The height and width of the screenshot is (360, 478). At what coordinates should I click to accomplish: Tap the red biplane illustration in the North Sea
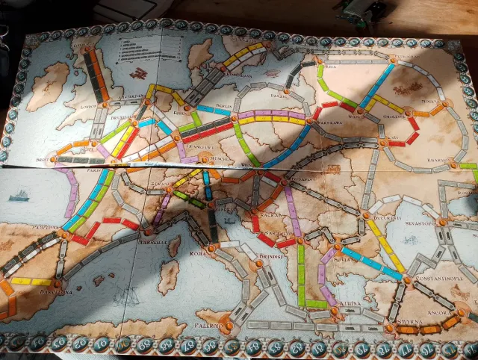[x=137, y=72]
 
